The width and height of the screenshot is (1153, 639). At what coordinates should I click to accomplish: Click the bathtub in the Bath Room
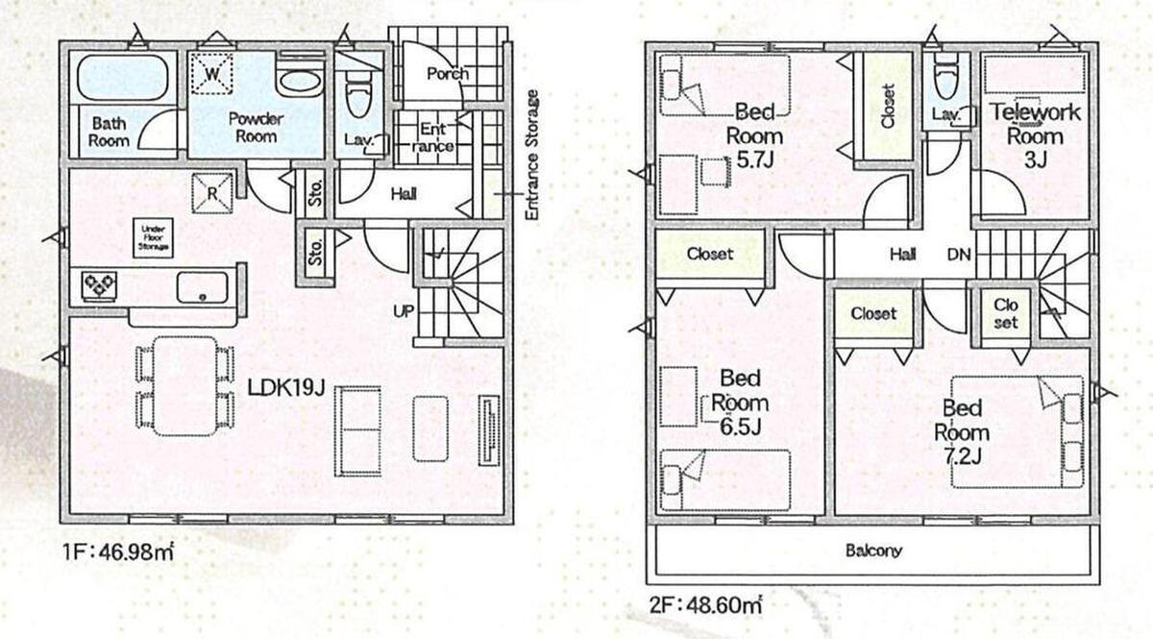(x=123, y=76)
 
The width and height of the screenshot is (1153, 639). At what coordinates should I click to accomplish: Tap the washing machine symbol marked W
(x=212, y=74)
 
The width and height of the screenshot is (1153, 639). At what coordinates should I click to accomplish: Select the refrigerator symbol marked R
(x=212, y=193)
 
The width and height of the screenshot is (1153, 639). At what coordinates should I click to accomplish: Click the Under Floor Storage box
(x=153, y=238)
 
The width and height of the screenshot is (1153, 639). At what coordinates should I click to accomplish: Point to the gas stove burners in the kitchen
(x=99, y=285)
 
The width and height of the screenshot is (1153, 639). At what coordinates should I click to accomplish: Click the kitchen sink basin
(x=203, y=287)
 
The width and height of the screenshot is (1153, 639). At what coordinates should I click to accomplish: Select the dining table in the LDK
(x=185, y=386)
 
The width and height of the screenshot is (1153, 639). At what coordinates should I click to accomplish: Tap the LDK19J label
(x=286, y=387)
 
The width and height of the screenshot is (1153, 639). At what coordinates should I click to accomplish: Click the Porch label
(x=448, y=74)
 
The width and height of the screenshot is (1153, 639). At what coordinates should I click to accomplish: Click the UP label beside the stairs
(x=404, y=311)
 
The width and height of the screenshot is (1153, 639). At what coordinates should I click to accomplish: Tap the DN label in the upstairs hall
(x=959, y=255)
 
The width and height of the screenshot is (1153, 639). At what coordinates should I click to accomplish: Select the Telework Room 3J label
(x=1036, y=135)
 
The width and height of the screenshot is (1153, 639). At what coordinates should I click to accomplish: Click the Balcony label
(x=873, y=551)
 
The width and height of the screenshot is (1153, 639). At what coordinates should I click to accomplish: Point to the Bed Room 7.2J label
(x=962, y=432)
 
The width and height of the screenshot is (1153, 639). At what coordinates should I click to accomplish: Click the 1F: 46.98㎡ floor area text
(x=118, y=552)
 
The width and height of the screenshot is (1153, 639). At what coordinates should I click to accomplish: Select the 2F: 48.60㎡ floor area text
(x=704, y=605)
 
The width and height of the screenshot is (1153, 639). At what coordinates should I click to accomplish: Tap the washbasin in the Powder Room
(x=299, y=82)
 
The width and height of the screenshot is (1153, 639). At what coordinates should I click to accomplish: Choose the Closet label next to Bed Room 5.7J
(x=888, y=106)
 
